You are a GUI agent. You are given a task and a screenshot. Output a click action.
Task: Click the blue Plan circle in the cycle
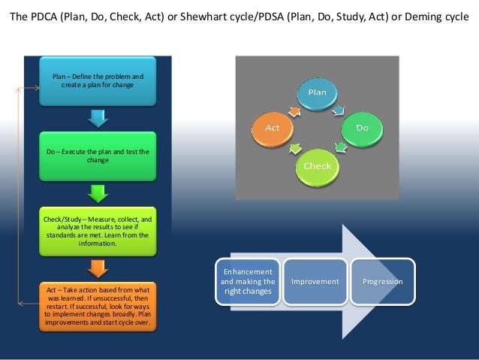point(318,93)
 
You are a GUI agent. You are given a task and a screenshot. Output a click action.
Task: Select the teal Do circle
point(362,128)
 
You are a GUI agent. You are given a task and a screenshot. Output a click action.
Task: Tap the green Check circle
point(318,165)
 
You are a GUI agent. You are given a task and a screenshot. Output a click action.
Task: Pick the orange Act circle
point(272,128)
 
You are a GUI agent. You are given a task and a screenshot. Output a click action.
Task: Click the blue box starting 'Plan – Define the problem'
point(98,82)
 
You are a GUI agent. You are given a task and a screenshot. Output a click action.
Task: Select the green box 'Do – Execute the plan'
point(98,156)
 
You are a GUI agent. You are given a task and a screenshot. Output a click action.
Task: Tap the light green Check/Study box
point(98,231)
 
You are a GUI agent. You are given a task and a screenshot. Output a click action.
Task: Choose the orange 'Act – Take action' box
point(98,305)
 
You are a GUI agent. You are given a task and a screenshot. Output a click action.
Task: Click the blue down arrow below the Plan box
point(98,118)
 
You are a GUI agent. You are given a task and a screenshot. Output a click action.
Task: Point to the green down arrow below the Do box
point(98,193)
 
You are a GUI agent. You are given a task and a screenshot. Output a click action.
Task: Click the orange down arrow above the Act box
point(98,267)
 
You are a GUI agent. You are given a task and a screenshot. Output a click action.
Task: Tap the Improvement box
point(315,282)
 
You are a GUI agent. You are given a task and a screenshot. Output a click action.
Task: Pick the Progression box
point(383,282)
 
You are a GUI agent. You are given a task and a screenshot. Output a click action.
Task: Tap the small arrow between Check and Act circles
point(295,147)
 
